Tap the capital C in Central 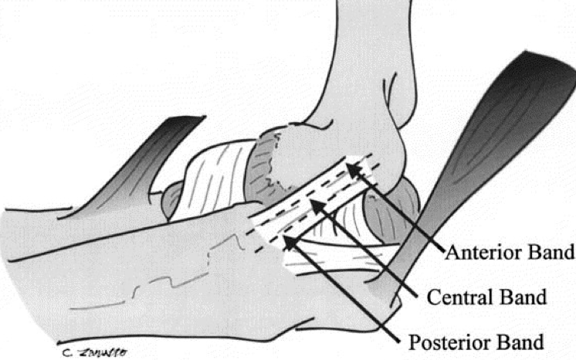tap(432, 297)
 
